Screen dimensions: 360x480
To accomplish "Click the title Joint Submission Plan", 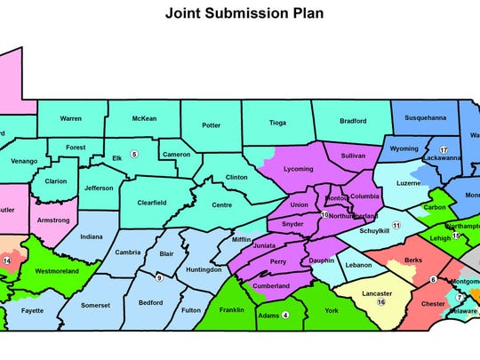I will coord(239,14).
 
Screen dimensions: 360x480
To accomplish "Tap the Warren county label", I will coord(77,117).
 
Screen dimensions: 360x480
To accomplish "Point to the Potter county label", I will coord(212,125).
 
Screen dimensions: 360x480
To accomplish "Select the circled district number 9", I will coord(159,277).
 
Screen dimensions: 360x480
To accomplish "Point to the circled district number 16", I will coord(381,302).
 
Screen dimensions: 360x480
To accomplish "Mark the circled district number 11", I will coord(397,226).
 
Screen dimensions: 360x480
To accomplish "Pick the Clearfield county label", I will coord(156,202).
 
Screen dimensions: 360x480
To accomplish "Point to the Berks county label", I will coord(412,260).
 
